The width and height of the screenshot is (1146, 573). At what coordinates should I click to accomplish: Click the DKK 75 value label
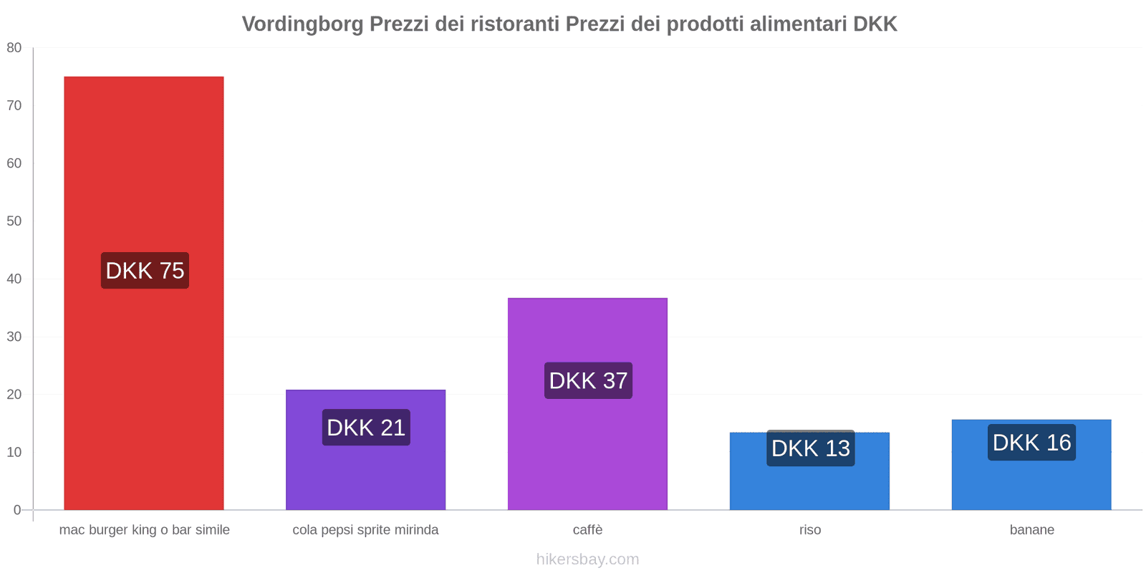[x=145, y=271]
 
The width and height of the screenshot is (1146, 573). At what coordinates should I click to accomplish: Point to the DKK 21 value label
[x=366, y=428]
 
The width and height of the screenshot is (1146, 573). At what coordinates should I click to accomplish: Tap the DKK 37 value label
[x=588, y=380]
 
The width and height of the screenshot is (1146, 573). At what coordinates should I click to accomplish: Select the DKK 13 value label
[x=810, y=448]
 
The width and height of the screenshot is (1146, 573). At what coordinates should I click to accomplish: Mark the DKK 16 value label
[x=1031, y=443]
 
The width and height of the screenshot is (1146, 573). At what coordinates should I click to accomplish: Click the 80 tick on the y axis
[x=14, y=48]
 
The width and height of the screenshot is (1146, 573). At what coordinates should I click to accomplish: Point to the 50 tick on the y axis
[x=14, y=221]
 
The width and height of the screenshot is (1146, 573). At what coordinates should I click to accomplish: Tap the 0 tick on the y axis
[x=17, y=510]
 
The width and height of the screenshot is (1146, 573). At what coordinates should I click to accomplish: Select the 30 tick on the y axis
[x=14, y=337]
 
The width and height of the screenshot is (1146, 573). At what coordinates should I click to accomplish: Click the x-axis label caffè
[x=587, y=530]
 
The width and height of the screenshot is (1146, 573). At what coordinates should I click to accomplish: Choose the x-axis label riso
[x=810, y=530]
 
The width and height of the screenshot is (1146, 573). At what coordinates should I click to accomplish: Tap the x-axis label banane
[x=1031, y=530]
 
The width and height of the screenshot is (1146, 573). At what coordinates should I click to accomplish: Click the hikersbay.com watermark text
[x=587, y=559]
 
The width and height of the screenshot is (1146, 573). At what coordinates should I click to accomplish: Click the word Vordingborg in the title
[x=302, y=24]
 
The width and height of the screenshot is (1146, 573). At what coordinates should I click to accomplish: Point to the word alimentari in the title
[x=798, y=24]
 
